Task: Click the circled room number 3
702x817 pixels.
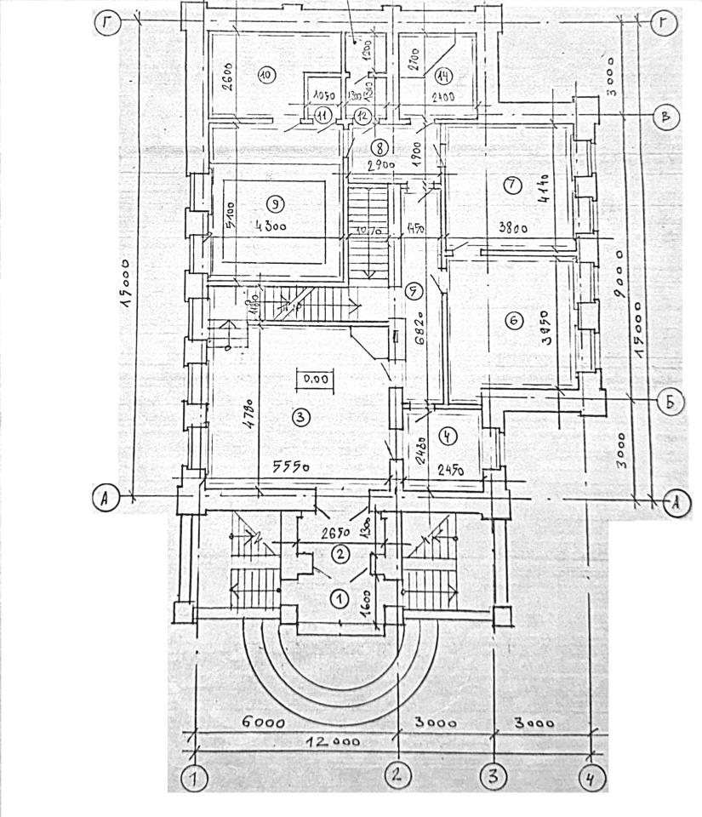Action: click(300, 417)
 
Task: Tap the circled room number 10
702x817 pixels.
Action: click(265, 75)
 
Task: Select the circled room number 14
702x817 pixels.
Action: click(442, 73)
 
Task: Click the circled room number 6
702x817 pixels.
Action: click(512, 321)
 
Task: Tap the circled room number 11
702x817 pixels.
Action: click(322, 116)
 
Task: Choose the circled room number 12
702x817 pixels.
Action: click(363, 116)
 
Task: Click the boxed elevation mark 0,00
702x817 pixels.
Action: click(315, 379)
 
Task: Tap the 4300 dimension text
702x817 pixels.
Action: click(267, 226)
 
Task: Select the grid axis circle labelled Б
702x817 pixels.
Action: click(671, 403)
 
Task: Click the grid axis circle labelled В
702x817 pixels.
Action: click(666, 117)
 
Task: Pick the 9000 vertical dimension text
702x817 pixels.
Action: click(619, 273)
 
